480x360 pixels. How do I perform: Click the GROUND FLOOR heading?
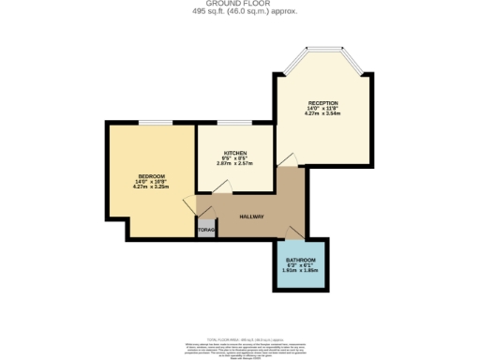[239, 4]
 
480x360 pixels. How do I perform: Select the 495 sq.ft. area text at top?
[239, 11]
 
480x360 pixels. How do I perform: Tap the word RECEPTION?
[322, 102]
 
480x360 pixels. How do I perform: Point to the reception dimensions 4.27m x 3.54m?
[322, 113]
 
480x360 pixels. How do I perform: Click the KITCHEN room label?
[234, 152]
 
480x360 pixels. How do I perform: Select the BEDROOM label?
[152, 177]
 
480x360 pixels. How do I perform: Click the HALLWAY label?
[250, 217]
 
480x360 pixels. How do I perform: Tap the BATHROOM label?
[301, 259]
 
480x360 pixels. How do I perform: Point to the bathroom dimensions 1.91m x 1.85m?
[301, 270]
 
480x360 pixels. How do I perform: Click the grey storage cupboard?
[206, 229]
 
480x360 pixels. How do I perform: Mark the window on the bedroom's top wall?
[159, 123]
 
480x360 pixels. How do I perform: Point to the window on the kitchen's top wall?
[234, 123]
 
